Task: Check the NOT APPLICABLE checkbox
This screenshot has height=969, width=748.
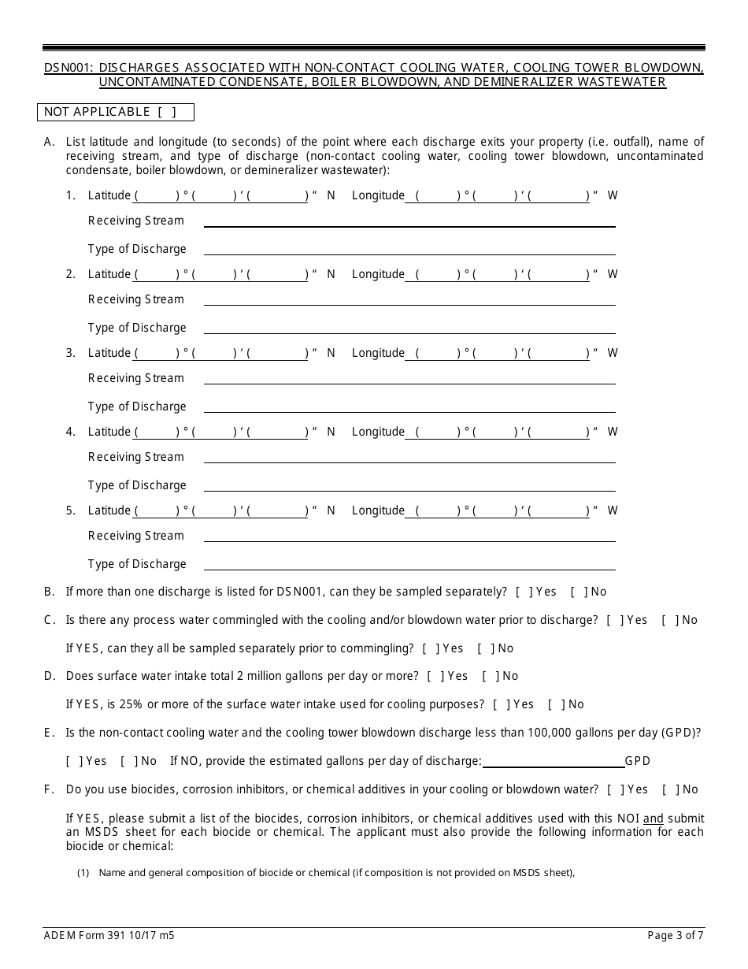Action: tap(167, 112)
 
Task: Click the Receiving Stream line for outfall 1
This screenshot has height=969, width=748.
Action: tap(409, 221)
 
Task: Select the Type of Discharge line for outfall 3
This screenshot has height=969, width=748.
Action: tap(409, 407)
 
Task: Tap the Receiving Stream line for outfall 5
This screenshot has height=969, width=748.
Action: tap(409, 536)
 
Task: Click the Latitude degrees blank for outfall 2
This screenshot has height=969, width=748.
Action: tap(157, 275)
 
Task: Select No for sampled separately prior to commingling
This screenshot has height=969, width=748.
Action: tap(484, 649)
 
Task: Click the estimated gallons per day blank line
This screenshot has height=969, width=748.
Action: tap(553, 762)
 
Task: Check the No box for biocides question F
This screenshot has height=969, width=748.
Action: tap(669, 790)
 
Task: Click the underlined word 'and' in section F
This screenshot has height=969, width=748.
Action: tap(653, 819)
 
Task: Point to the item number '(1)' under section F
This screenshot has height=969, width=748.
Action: tap(83, 872)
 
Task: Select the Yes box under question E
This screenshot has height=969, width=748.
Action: tap(73, 762)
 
